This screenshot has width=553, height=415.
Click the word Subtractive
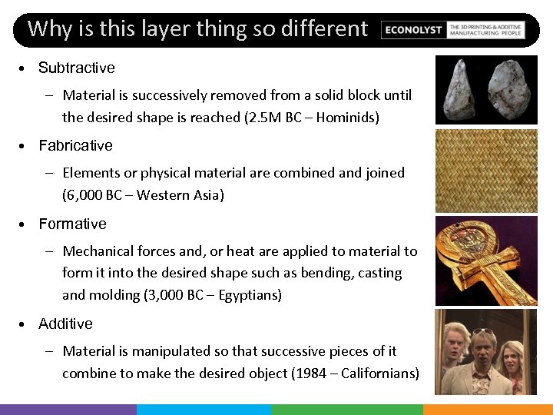77,68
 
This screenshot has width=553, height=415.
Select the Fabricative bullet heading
75,145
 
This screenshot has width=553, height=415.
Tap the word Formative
73,224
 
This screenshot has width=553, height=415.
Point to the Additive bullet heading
65,324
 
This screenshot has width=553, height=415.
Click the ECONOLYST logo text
414,30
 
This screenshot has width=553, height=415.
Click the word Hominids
346,118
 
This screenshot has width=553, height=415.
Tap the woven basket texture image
486,171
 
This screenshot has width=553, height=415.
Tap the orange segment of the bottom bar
488,410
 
